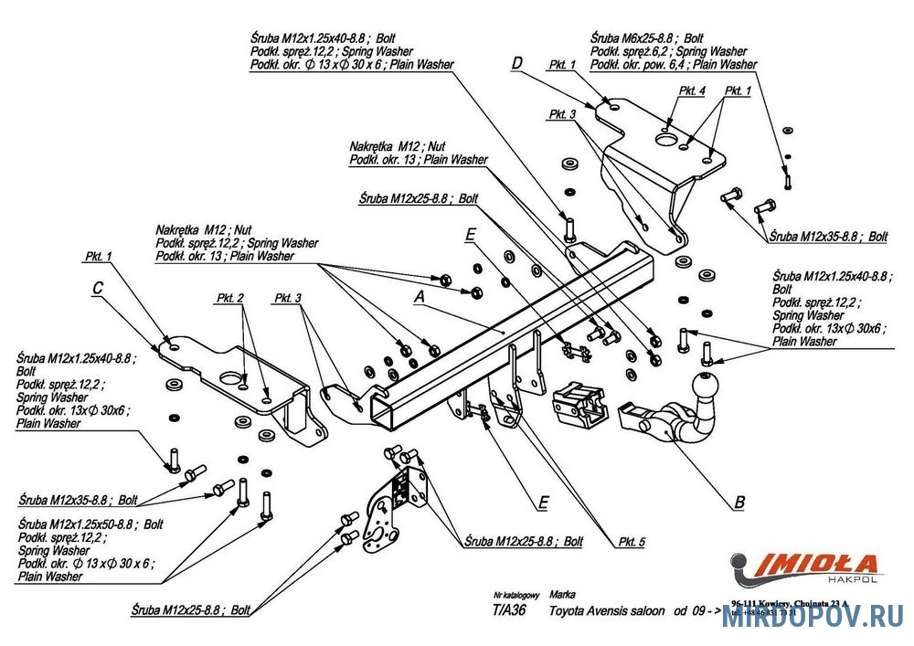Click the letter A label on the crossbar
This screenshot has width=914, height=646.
420,297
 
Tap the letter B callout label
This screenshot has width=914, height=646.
739,502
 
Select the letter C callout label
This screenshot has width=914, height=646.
97,290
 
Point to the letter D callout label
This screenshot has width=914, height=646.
516,63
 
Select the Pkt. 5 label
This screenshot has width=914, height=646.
630,542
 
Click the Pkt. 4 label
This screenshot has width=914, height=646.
692,91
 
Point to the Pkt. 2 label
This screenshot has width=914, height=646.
230,299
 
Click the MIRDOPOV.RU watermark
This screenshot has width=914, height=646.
813,620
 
